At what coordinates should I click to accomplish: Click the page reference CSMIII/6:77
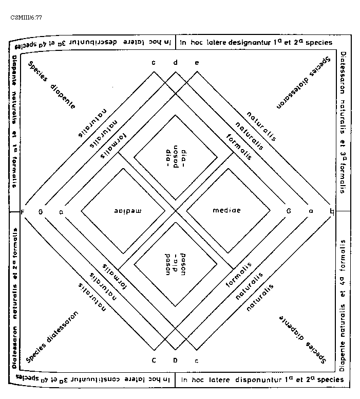pyautogui.click(x=26, y=17)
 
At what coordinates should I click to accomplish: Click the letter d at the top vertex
pyautogui.click(x=175, y=63)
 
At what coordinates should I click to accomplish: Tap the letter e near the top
pyautogui.click(x=197, y=63)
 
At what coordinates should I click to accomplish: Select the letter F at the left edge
pyautogui.click(x=22, y=211)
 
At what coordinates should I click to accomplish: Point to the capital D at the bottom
pyautogui.click(x=175, y=360)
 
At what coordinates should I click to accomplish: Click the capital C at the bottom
pyautogui.click(x=154, y=360)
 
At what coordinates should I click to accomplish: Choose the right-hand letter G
pyautogui.click(x=289, y=211)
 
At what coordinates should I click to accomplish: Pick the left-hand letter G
pyautogui.click(x=41, y=211)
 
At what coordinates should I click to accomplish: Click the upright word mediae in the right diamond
pyautogui.click(x=226, y=211)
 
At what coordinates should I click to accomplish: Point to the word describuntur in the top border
pyautogui.click(x=108, y=41)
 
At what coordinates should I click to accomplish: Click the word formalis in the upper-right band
pyautogui.click(x=239, y=147)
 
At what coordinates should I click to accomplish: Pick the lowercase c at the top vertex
pyautogui.click(x=154, y=63)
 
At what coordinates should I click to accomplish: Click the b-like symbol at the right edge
pyautogui.click(x=331, y=211)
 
